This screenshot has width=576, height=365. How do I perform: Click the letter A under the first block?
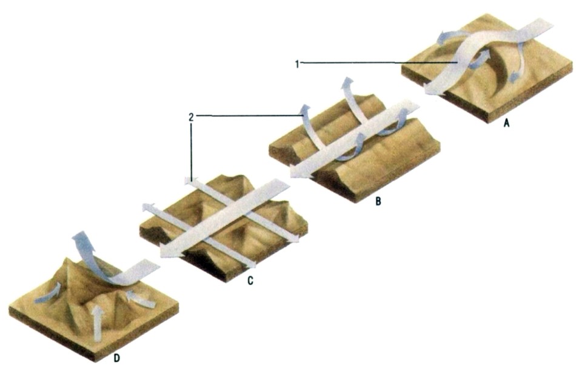[x=506, y=123]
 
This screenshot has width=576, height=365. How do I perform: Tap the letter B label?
[x=378, y=201]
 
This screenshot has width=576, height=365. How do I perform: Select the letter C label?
[x=250, y=281]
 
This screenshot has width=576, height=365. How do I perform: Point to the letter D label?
[x=116, y=358]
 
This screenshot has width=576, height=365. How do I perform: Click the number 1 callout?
[x=297, y=64]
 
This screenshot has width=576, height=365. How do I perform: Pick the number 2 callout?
[x=191, y=118]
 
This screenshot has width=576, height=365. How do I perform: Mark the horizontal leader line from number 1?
[x=379, y=64]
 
